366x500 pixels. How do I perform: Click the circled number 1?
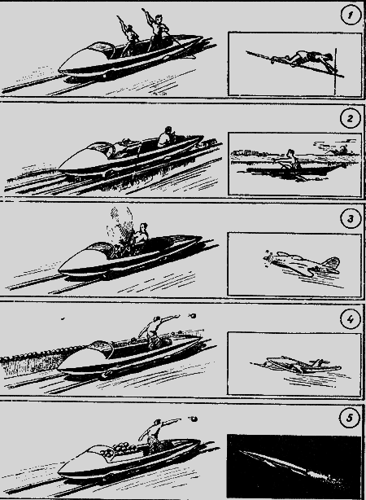point(351,15)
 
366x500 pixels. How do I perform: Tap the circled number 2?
point(350,118)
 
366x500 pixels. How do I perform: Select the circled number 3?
point(350,219)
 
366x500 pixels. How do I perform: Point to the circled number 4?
point(350,319)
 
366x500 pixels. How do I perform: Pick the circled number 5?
point(350,418)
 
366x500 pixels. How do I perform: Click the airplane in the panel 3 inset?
point(303,263)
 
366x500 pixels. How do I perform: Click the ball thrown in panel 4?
point(192,316)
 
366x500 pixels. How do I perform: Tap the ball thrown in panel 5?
point(194,419)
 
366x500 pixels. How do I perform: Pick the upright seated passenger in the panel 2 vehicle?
point(166,137)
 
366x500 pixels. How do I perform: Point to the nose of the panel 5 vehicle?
point(60,471)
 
